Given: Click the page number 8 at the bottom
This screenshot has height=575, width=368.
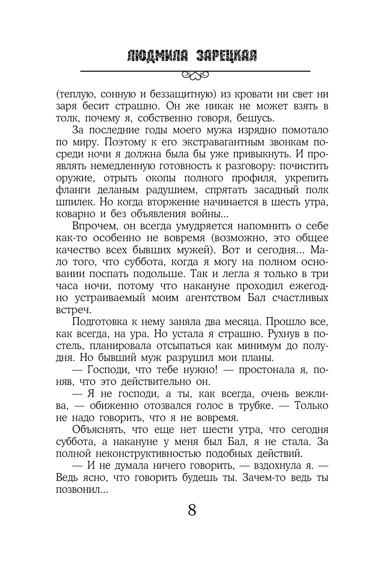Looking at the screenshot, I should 192,511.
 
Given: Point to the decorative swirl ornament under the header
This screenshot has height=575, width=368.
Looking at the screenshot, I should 195,75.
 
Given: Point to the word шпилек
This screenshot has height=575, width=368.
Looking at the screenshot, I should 74,202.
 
